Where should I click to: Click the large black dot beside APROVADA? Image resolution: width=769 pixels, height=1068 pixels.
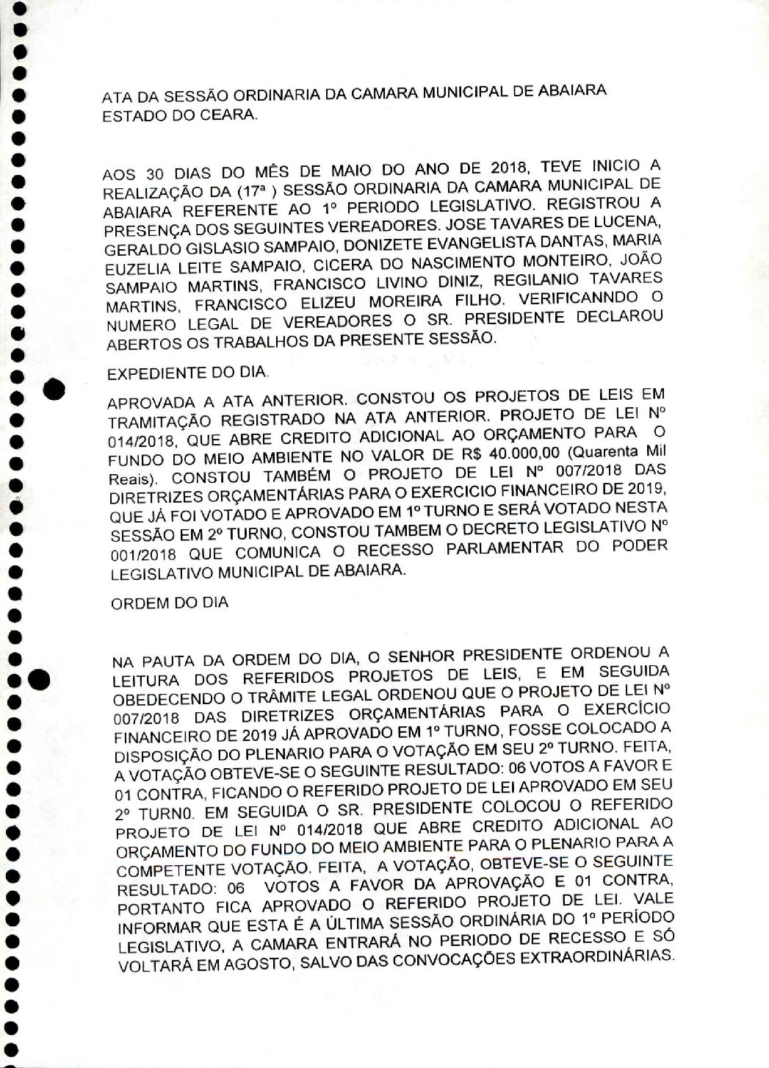(56, 389)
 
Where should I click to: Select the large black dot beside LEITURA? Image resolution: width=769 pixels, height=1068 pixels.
(39, 681)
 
